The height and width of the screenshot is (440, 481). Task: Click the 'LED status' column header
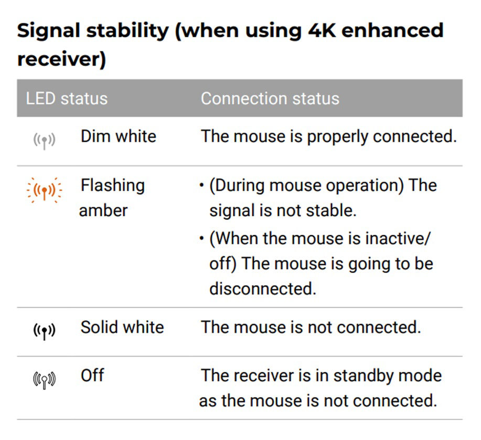tap(67, 99)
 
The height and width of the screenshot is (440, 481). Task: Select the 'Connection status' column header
tap(270, 99)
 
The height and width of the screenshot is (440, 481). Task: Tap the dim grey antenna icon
tap(44, 141)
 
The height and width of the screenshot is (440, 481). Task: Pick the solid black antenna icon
tap(44, 331)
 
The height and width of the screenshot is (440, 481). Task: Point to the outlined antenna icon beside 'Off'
tap(44, 380)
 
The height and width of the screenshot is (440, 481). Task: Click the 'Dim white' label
tap(119, 137)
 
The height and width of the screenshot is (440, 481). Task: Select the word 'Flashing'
tap(113, 186)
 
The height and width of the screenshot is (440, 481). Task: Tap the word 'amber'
tap(103, 211)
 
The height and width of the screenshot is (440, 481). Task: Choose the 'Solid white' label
tap(122, 327)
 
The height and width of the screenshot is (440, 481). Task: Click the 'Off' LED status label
tap(92, 375)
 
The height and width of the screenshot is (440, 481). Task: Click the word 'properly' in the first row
tap(337, 137)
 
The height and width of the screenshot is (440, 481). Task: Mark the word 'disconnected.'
tap(263, 289)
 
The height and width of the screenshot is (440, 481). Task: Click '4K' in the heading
tap(322, 30)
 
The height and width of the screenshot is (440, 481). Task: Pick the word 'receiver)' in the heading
tap(62, 59)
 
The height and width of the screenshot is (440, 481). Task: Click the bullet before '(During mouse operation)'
tap(201, 185)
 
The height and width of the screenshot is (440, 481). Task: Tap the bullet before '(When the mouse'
tap(201, 238)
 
